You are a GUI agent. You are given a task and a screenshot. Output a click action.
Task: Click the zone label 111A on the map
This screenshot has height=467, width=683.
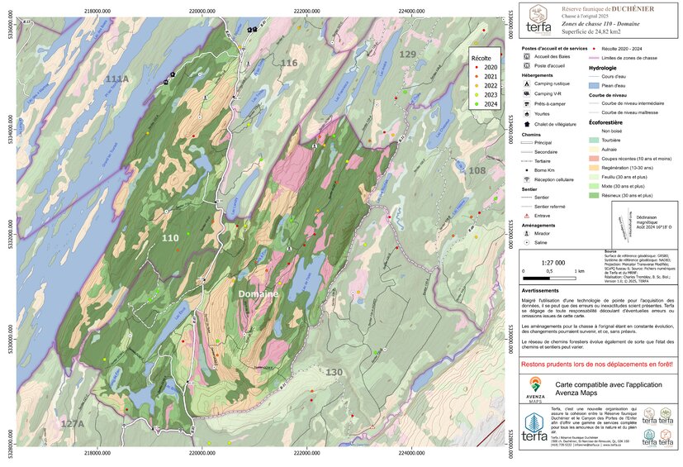click(x=117, y=79)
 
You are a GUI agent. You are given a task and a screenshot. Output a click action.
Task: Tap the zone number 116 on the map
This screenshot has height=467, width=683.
click(x=288, y=63)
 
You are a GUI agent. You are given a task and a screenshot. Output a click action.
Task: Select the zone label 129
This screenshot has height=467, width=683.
click(x=408, y=54)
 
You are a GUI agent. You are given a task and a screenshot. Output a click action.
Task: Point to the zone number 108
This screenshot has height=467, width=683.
click(x=477, y=170)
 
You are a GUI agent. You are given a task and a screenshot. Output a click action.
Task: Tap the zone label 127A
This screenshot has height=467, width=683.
click(x=73, y=423)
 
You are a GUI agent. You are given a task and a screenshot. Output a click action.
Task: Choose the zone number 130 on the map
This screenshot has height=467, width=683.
click(x=334, y=373)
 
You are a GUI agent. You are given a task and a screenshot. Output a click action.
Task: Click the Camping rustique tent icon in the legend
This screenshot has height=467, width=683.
click(x=526, y=84)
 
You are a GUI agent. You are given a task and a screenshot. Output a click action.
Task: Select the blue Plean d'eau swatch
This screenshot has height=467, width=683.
click(x=593, y=85)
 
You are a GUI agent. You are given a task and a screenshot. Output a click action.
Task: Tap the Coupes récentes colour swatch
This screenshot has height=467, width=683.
click(x=593, y=158)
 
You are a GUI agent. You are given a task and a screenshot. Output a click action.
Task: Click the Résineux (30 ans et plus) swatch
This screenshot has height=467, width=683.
click(x=593, y=196)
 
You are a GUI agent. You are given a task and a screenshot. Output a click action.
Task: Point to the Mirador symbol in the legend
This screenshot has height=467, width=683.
click(x=526, y=233)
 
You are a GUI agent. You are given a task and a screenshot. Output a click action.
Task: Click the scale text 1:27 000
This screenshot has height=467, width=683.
click(x=553, y=262)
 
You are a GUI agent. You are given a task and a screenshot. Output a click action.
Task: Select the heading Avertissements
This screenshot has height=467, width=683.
click(x=545, y=291)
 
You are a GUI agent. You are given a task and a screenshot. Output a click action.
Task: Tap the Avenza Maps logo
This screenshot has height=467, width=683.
click(x=534, y=388)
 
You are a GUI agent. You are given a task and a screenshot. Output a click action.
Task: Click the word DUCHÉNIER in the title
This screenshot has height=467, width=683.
click(x=629, y=7)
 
